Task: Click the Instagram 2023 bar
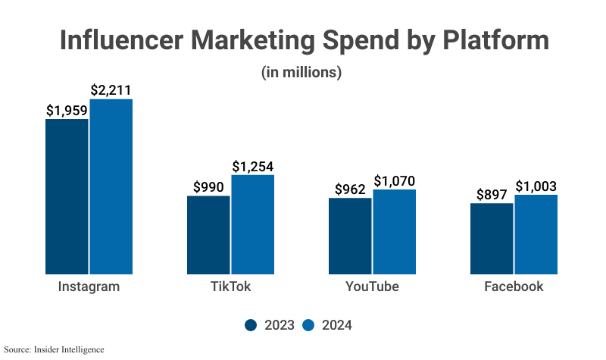[x=67, y=196]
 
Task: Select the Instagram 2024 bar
[x=111, y=186]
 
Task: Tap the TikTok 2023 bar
[x=208, y=235]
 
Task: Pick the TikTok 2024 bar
[x=253, y=224]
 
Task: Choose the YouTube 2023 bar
[x=350, y=236]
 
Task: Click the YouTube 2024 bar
[x=395, y=232]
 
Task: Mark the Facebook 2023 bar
[x=492, y=239]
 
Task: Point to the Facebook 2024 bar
[x=536, y=234]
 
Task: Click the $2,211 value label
[x=111, y=89]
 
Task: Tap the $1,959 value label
[x=67, y=110]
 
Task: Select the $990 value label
[x=208, y=186]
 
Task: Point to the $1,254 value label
[x=253, y=166]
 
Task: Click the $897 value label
[x=492, y=194]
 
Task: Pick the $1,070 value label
[x=395, y=180]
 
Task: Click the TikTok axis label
[x=230, y=287]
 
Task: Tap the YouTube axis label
[x=372, y=287]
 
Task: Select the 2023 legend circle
[x=251, y=325]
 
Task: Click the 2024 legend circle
[x=308, y=325]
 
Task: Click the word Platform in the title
[x=485, y=41]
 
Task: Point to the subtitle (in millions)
[x=302, y=73]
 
